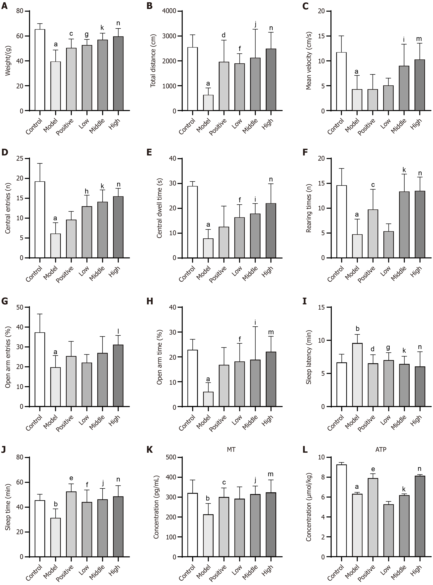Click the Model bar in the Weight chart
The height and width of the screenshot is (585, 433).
[55, 86]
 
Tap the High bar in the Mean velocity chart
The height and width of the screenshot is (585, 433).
[420, 85]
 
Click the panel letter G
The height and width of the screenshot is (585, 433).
[4, 302]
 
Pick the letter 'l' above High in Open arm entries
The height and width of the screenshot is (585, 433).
[118, 331]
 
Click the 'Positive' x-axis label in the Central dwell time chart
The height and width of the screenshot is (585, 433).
[218, 275]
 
